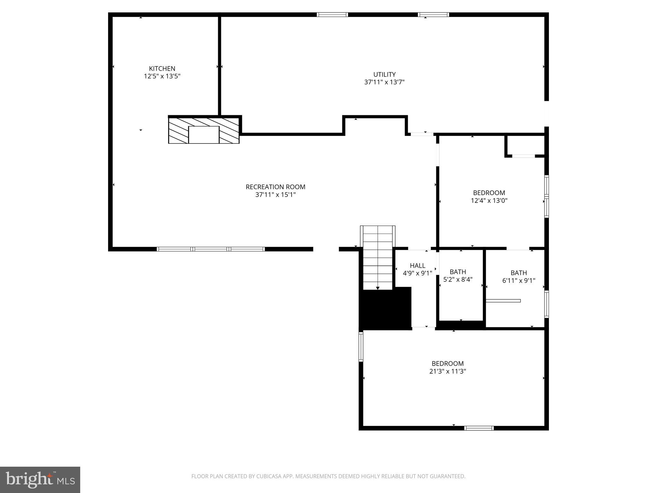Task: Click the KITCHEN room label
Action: (162, 68)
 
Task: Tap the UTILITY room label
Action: (384, 74)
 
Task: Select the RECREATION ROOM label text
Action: (275, 187)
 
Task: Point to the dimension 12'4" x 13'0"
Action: (489, 201)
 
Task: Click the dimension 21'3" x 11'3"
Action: (448, 371)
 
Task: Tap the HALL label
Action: (417, 265)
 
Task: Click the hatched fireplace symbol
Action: (204, 130)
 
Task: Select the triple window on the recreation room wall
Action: (210, 249)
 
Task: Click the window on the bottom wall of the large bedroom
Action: (479, 428)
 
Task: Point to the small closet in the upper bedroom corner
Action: (525, 146)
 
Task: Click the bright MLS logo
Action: (40, 480)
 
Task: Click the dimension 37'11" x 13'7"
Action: (384, 82)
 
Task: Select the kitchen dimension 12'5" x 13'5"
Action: (162, 76)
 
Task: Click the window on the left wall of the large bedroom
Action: (361, 347)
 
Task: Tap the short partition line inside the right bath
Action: (503, 301)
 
